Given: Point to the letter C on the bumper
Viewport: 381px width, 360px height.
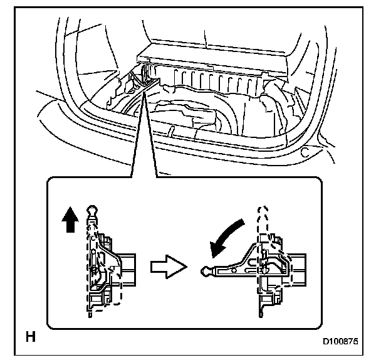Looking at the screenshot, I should tap(305, 151).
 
